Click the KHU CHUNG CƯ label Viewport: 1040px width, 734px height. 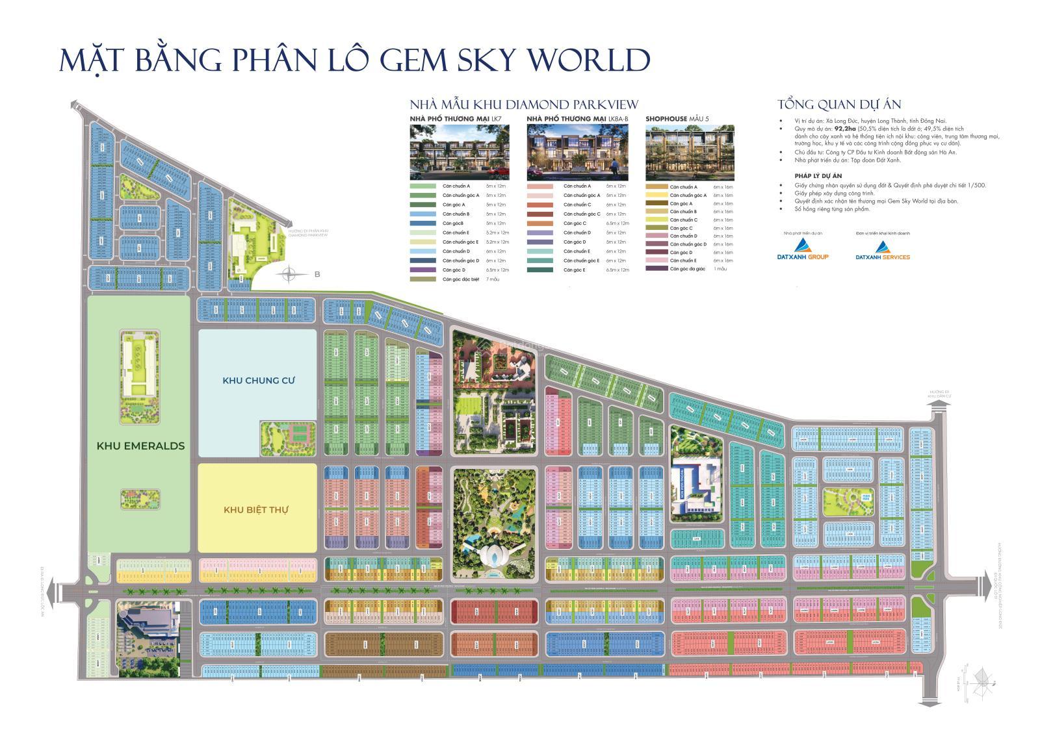[x=259, y=380]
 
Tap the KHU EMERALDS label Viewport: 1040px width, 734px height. [x=140, y=446]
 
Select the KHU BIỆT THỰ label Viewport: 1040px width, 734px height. [x=256, y=510]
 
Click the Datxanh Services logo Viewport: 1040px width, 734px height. [x=882, y=249]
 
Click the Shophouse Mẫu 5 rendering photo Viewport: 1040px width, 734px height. [x=690, y=153]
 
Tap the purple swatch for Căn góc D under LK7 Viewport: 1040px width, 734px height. [x=423, y=270]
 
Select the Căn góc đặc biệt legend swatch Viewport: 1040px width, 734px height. [x=423, y=279]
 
